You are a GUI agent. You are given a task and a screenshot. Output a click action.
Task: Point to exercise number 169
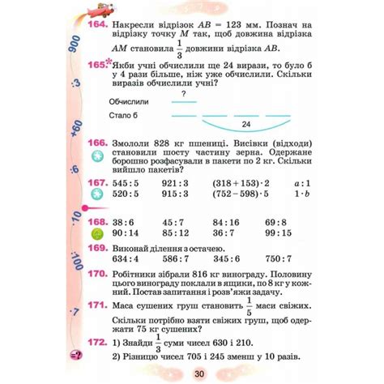[96, 248]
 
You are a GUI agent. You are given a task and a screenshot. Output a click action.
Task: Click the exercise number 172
[96, 343]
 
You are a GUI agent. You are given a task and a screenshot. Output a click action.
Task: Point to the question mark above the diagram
[184, 94]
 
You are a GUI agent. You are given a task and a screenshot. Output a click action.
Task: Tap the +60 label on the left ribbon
[75, 129]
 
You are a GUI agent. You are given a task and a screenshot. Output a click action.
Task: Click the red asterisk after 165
[110, 62]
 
